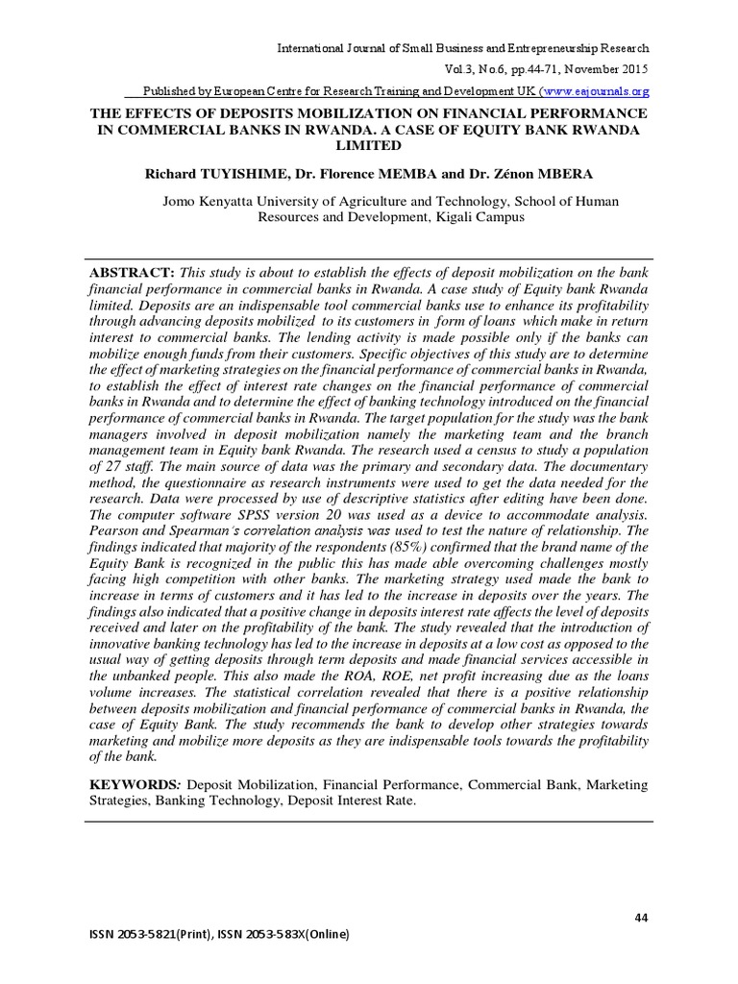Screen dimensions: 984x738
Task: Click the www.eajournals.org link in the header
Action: pyautogui.click(x=597, y=90)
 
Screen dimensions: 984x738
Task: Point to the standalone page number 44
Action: pyautogui.click(x=642, y=919)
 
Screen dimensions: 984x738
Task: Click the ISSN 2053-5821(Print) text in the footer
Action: pyautogui.click(x=143, y=936)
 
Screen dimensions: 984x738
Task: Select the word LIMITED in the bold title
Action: pyautogui.click(x=368, y=145)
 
